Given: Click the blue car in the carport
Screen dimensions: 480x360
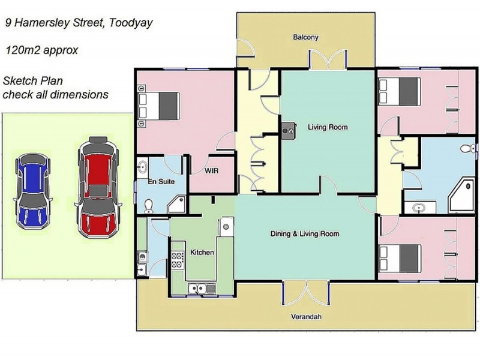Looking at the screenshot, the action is [x=32, y=191].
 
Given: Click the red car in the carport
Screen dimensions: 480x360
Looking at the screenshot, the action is [x=98, y=187].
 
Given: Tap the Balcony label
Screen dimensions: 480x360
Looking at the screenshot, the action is [x=306, y=37].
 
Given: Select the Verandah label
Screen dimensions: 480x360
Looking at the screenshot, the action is [x=306, y=317].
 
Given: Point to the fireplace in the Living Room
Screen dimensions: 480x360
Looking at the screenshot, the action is [x=289, y=131].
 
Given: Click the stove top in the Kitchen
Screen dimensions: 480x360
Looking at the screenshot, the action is [x=178, y=260].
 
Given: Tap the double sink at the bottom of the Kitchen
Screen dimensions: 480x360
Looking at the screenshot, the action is [x=202, y=289].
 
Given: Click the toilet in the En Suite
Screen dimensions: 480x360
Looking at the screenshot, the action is [x=149, y=206].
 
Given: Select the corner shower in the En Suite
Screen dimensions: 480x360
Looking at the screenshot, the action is [x=177, y=204].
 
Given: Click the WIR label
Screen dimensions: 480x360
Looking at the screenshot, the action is [x=212, y=170].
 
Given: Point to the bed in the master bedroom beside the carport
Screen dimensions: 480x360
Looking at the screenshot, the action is [x=158, y=106].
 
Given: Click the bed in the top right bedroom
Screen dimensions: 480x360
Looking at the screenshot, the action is [x=399, y=92].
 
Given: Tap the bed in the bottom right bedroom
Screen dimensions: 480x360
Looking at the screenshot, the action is [x=399, y=259].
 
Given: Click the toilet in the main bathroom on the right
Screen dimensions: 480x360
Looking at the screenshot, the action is [x=468, y=149].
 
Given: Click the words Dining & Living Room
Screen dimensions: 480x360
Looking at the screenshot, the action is [x=305, y=234].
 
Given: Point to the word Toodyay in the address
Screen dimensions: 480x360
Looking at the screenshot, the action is [x=131, y=23].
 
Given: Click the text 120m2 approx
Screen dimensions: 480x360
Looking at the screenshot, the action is [x=41, y=50].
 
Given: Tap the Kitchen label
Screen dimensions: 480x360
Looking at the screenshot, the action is [x=202, y=252].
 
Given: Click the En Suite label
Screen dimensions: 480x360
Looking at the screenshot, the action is [x=161, y=182].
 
